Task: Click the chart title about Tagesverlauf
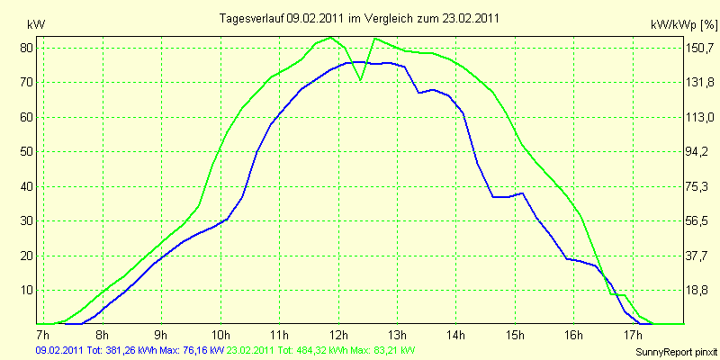click(x=359, y=18)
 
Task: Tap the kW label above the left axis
click(x=36, y=25)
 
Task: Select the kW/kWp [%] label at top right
click(x=684, y=25)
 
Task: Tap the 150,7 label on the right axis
click(x=700, y=48)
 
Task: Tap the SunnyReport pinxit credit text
click(x=677, y=352)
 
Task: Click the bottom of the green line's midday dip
click(x=361, y=80)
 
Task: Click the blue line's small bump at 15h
click(x=522, y=193)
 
